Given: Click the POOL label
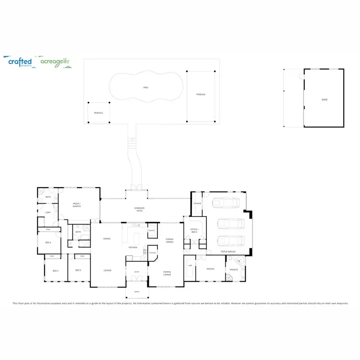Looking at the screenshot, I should pyautogui.click(x=146, y=87).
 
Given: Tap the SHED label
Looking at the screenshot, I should pyautogui.click(x=324, y=100).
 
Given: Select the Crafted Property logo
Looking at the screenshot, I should pyautogui.click(x=20, y=62).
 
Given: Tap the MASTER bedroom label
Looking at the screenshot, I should pyautogui.click(x=210, y=269).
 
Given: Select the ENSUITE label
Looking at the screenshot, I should pyautogui.click(x=234, y=269).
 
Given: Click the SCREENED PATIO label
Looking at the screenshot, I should pyautogui.click(x=139, y=209).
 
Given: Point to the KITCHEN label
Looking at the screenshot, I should pyautogui.click(x=133, y=247).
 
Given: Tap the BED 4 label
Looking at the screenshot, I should pyautogui.click(x=48, y=242).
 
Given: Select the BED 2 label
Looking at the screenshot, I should pyautogui.click(x=78, y=271).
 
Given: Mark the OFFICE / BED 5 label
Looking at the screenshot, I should pyautogui.click(x=194, y=231).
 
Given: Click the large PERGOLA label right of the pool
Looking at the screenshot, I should pyautogui.click(x=201, y=95).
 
